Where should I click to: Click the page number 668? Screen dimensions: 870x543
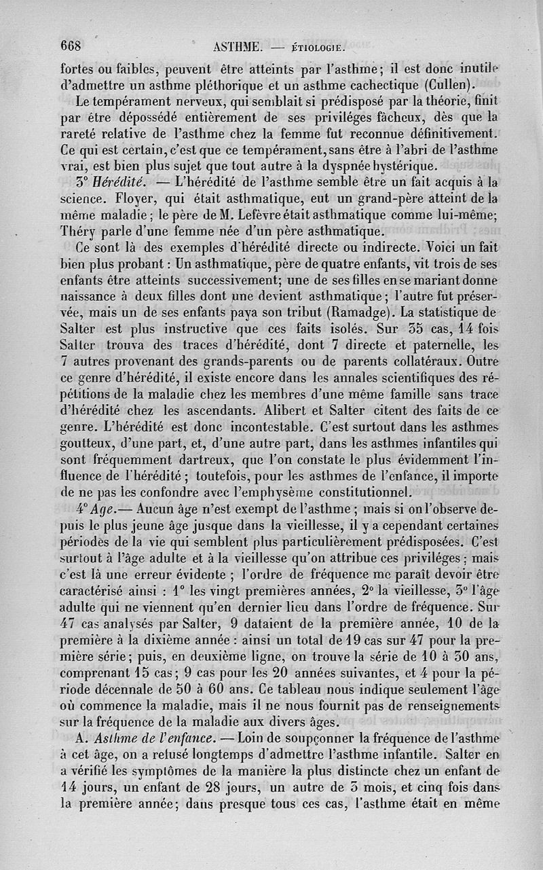[71, 46]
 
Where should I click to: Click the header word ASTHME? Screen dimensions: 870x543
[237, 48]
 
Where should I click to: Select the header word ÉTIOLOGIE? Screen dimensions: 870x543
[318, 49]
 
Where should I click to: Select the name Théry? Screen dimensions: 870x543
[76, 232]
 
